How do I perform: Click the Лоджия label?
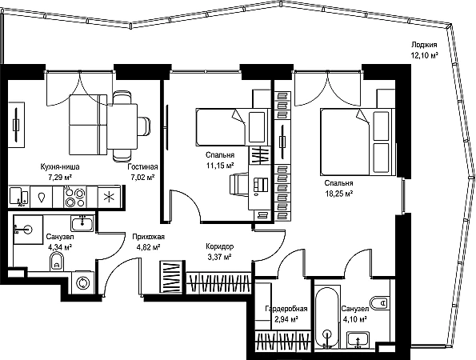click(x=424, y=46)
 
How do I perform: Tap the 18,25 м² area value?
click(x=338, y=194)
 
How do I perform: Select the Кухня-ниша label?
click(x=60, y=167)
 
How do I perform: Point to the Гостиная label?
click(x=142, y=167)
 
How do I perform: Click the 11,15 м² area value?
click(x=220, y=166)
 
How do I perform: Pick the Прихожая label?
click(x=149, y=237)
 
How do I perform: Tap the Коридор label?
click(x=219, y=246)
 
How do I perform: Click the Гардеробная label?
click(x=286, y=309)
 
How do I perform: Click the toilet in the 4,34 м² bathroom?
click(x=57, y=262)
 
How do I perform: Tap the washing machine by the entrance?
click(x=82, y=282)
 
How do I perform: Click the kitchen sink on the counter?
click(x=19, y=196)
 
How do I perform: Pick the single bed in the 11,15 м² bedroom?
click(x=233, y=126)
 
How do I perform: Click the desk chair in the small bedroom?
click(x=238, y=184)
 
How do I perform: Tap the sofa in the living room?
click(x=88, y=124)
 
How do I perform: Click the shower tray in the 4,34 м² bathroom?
click(x=28, y=230)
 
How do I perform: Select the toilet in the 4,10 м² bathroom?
click(x=379, y=302)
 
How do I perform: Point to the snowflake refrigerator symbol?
click(x=109, y=197)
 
